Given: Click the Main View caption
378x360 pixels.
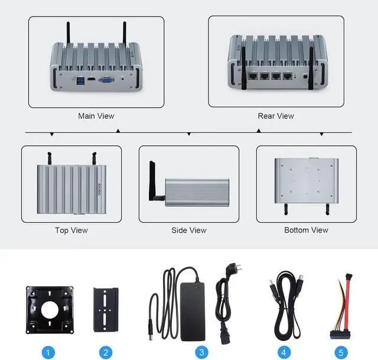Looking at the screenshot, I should pos(96,116).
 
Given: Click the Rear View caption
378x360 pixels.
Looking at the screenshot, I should pos(275,116).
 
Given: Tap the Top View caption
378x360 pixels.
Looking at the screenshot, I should pos(71,230).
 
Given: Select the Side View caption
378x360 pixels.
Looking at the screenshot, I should pos(188,230).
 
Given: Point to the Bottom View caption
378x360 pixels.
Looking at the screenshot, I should pos(306,230).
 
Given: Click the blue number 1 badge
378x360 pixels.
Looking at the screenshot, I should pos(48,353).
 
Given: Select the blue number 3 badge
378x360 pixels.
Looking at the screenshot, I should pos(202,353).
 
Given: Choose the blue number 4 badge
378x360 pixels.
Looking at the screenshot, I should pos(285,353).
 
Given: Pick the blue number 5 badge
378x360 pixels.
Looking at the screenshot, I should pos(341,353).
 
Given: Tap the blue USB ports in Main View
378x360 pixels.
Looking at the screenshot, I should pos(80,82).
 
